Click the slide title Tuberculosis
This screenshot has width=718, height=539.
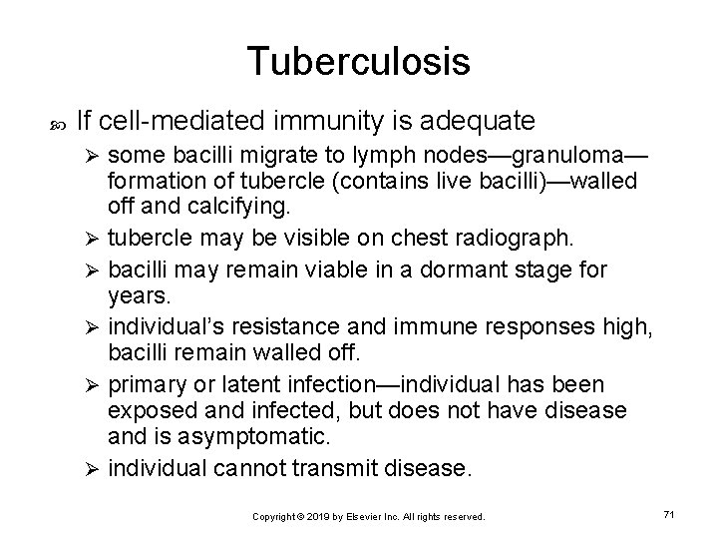[x=359, y=62]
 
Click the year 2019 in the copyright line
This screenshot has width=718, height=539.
[x=316, y=517]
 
